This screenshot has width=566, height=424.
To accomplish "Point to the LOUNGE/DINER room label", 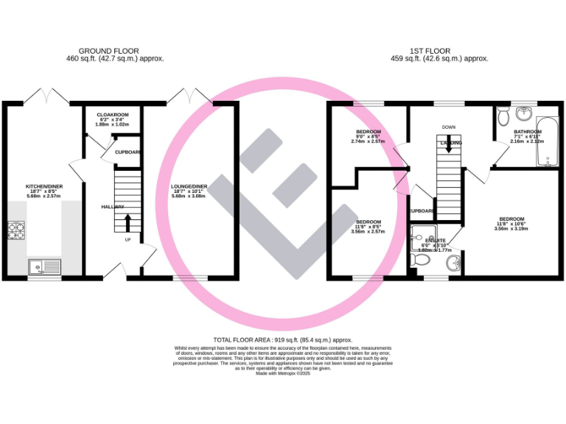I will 189,187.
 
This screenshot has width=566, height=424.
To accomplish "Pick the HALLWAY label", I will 113,207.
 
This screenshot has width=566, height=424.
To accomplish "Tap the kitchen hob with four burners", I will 16,231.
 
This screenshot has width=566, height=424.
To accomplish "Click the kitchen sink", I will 44,266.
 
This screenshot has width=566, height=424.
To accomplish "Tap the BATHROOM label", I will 528,132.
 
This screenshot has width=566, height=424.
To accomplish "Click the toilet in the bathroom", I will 503,116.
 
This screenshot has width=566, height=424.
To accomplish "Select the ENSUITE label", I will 435,240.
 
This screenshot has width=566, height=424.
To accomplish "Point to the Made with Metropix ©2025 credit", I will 283,374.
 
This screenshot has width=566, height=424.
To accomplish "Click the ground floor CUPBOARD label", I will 127,152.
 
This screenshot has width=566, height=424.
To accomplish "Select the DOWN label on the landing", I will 449,127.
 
